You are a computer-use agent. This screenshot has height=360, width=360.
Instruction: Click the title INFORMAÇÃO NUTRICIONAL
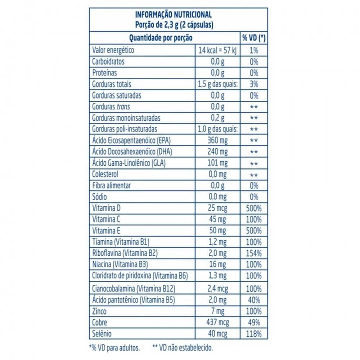[x=173, y=15]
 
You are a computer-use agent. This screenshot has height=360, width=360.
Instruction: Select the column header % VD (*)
[x=254, y=38]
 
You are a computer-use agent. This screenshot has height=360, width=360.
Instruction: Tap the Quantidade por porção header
[x=161, y=38]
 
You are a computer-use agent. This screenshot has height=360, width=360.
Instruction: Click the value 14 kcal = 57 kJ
[x=217, y=50]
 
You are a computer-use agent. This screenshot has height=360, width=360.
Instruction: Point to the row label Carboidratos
[x=108, y=62]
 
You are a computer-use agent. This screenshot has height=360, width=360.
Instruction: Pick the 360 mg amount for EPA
[x=217, y=140]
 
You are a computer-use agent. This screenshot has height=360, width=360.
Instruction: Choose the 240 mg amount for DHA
[x=217, y=152]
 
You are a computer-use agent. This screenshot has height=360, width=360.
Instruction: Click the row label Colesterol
[x=105, y=175]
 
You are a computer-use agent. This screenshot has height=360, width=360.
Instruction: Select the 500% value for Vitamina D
[x=254, y=208]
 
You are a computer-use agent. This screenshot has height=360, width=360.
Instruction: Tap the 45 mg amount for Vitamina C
[x=217, y=220]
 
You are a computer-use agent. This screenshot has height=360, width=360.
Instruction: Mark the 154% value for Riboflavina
[x=254, y=253]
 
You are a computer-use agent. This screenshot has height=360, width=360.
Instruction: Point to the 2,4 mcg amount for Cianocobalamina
[x=217, y=288]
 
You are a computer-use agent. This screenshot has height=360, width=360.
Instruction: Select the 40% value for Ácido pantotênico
[x=254, y=300]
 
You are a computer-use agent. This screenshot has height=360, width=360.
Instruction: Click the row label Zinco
[x=99, y=311]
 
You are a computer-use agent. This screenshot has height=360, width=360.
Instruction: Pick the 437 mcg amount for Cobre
[x=217, y=323]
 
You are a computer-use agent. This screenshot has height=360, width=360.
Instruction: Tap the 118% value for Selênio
[x=254, y=334]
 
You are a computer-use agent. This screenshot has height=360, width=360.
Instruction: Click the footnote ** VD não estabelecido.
[x=183, y=348]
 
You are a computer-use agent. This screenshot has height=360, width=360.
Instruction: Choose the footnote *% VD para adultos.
[x=114, y=348]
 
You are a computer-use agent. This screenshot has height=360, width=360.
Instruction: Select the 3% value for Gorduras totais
[x=254, y=84]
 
